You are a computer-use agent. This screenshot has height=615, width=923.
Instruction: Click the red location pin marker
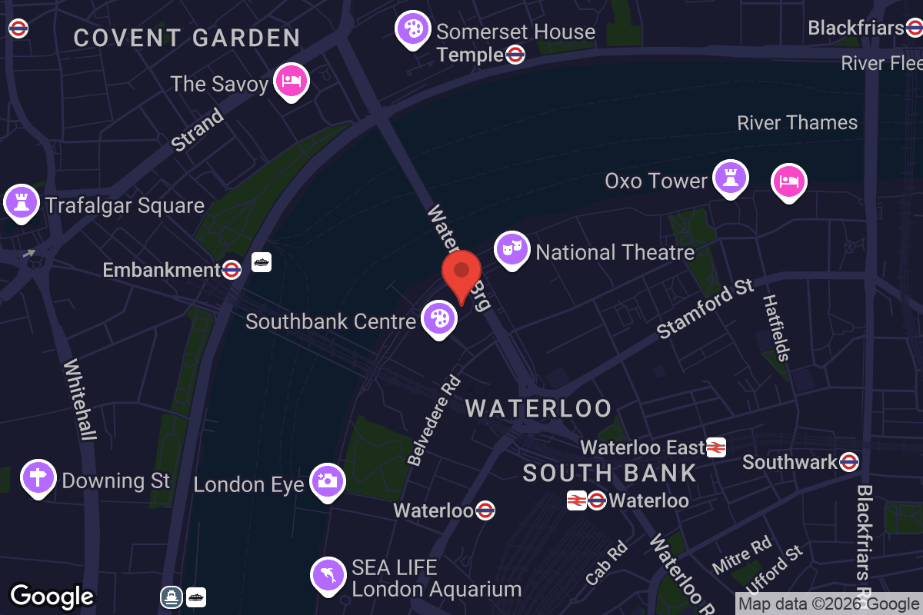[x=461, y=276]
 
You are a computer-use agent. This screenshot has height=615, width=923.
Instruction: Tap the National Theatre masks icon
[x=511, y=249]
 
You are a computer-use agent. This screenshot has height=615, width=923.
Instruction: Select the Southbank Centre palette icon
[x=438, y=318]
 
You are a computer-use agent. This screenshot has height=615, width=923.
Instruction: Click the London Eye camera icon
[x=327, y=481]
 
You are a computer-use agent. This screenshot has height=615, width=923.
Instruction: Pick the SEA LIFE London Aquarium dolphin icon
[x=328, y=575]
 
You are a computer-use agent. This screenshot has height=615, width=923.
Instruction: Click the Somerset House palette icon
[x=413, y=29]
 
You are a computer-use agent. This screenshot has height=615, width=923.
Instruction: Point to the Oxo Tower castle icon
[x=730, y=178]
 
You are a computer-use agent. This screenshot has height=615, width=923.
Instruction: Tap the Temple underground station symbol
[x=515, y=55]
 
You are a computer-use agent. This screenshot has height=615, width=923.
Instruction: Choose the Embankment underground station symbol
[x=232, y=270]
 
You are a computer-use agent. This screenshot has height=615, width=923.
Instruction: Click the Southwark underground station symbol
[x=849, y=461]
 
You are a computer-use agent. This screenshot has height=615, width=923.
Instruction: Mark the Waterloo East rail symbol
[x=716, y=447]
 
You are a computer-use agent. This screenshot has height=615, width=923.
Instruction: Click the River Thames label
[x=797, y=123]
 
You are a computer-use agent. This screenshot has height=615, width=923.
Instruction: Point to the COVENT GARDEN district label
[x=187, y=38]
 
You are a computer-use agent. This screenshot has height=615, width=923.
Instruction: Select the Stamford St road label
[x=705, y=308]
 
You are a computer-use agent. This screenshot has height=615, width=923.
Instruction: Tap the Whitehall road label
[x=80, y=400]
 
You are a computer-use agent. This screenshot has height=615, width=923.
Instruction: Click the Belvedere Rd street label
[x=434, y=420]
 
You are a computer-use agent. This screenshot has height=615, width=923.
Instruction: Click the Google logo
[x=52, y=596]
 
